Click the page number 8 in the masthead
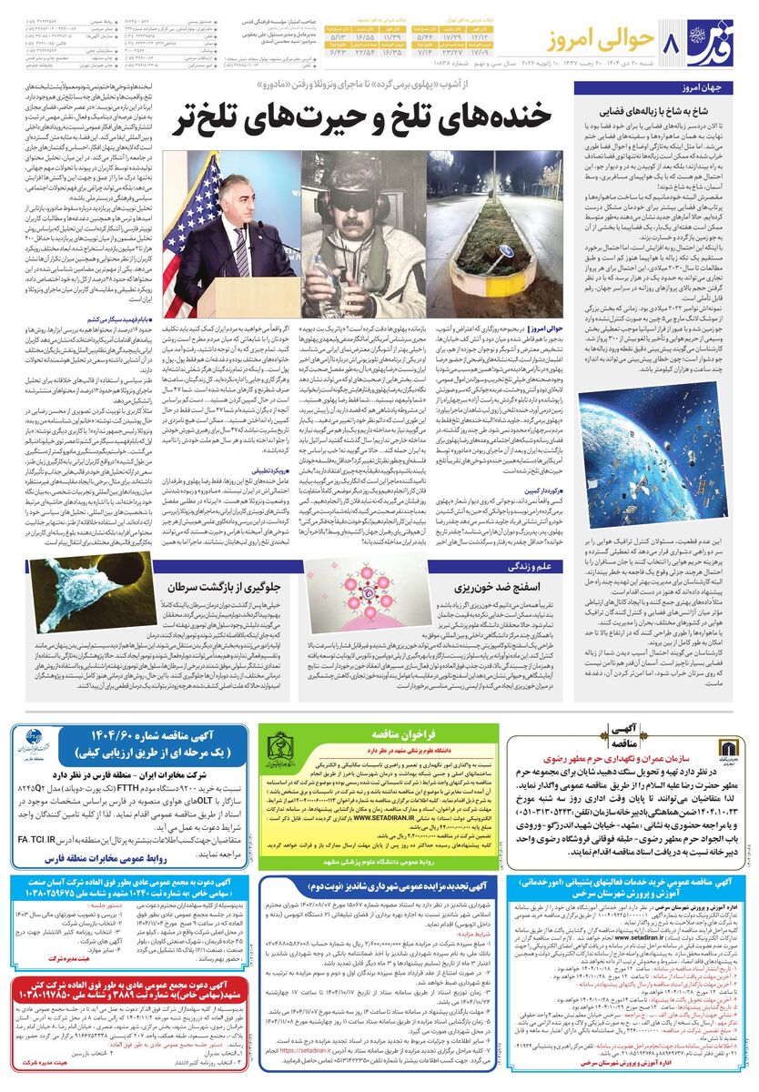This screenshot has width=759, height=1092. click(x=671, y=42)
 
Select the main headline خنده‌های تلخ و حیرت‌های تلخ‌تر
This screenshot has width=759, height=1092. click(x=369, y=115)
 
